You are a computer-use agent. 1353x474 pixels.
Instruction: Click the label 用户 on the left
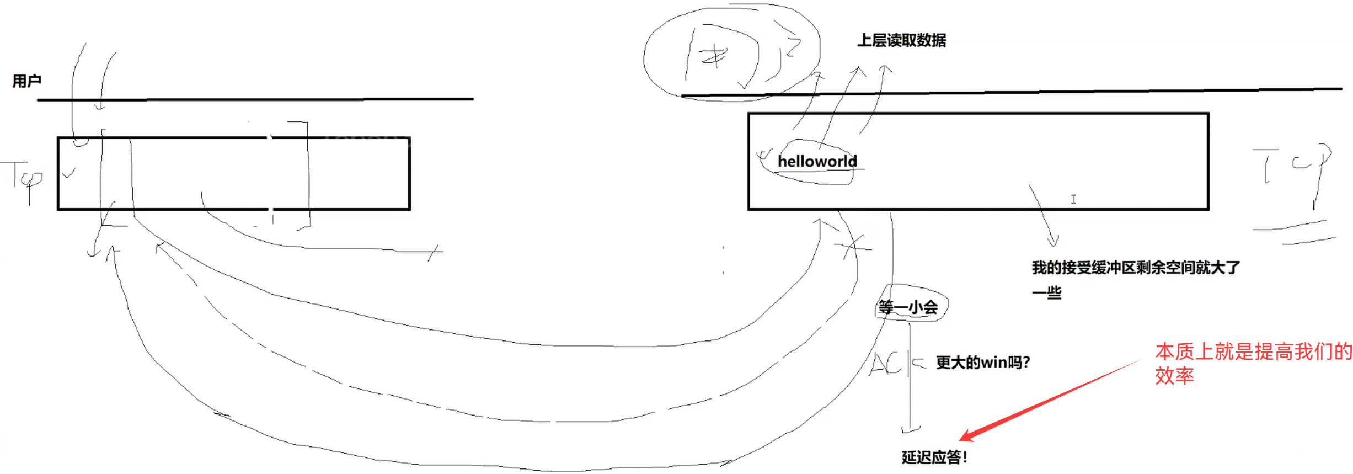tap(27, 81)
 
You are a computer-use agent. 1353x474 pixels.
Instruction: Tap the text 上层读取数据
tap(901, 40)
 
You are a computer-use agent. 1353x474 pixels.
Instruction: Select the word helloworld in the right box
tap(817, 161)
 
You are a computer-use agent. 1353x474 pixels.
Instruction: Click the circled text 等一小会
tap(908, 307)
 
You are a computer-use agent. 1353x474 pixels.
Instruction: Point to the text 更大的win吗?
tap(983, 363)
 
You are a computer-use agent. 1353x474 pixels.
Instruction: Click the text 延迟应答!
tap(934, 457)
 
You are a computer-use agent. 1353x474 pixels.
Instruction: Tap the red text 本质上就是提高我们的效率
tap(1252, 363)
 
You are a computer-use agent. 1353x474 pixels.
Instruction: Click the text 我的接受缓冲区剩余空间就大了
tap(1135, 268)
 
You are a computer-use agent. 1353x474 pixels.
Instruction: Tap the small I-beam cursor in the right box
tap(1073, 199)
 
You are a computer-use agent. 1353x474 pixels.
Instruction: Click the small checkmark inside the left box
tap(68, 174)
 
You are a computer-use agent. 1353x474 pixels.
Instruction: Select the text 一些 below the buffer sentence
tap(1046, 292)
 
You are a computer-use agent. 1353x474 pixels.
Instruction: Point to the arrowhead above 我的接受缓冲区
tap(1053, 242)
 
